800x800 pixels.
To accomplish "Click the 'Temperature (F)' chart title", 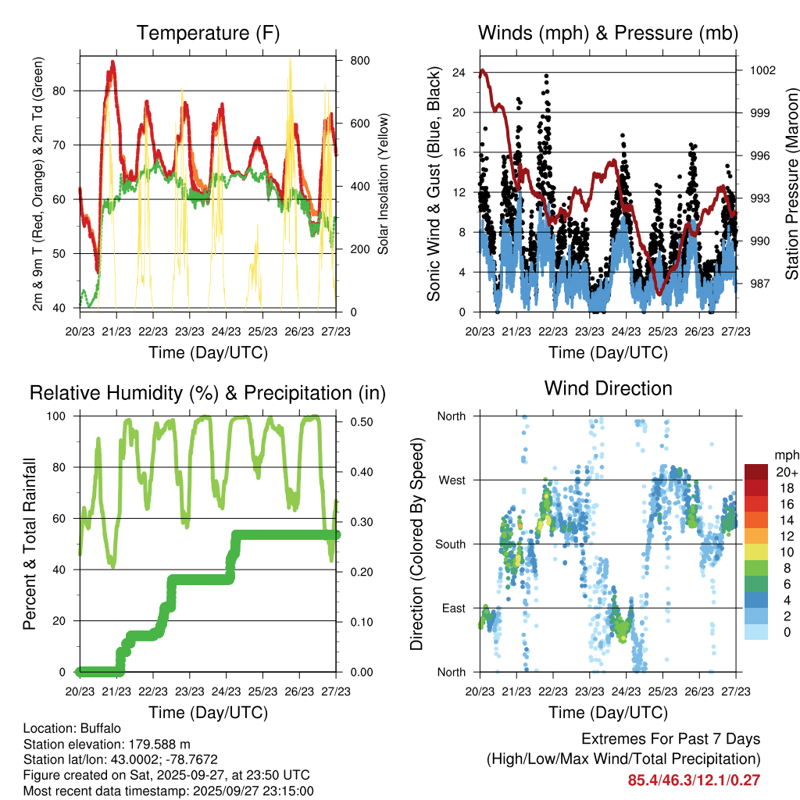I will click(x=208, y=33).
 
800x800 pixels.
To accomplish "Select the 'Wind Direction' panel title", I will click(x=608, y=388).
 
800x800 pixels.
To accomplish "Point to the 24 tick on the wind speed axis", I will click(x=459, y=73).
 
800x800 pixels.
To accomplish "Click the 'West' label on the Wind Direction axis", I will click(x=452, y=480).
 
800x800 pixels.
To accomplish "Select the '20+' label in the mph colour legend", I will click(x=787, y=472).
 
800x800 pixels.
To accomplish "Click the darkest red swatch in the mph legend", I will click(x=757, y=472).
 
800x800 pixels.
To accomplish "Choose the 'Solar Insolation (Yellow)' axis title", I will click(x=384, y=184).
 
